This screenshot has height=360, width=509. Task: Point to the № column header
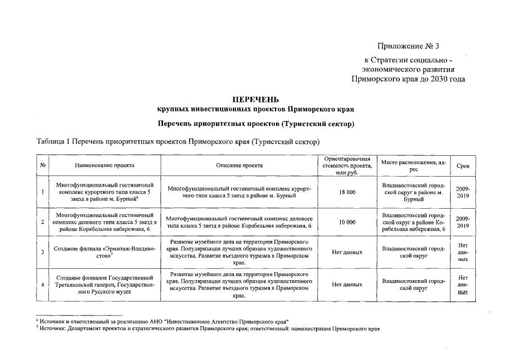point(43,165)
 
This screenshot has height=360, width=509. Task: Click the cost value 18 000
point(347,192)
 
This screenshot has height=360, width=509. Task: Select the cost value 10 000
point(347,222)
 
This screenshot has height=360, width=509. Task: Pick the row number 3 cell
point(43,252)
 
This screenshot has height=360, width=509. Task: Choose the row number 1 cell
point(43,192)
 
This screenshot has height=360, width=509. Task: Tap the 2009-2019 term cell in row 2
point(463,222)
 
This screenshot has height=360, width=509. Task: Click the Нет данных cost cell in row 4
point(347,285)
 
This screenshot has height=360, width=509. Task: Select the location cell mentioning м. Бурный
point(413,192)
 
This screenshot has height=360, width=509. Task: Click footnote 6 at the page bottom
point(163,319)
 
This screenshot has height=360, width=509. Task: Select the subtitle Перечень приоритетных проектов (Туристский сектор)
point(255,123)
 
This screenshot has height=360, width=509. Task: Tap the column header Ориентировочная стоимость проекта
point(347,165)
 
